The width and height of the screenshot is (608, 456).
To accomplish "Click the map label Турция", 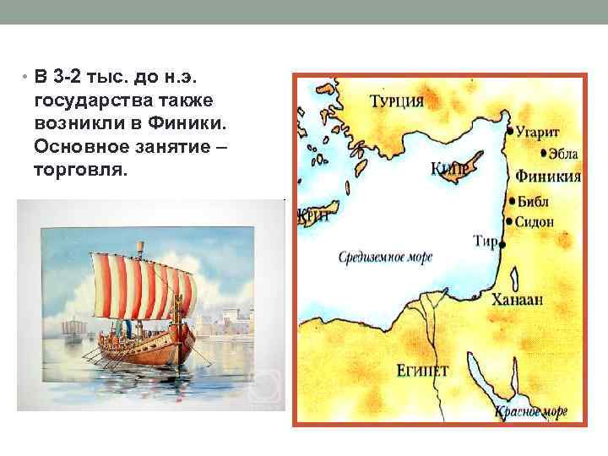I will click(x=396, y=101).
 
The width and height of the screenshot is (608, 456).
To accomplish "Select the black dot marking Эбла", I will click(x=541, y=154).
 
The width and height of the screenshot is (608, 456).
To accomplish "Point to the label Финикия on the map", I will click(x=547, y=176).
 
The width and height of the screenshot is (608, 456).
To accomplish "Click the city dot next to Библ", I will click(x=512, y=201).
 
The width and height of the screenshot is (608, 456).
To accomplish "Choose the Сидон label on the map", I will click(x=535, y=221).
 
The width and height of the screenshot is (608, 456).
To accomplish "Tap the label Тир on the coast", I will click(x=485, y=242).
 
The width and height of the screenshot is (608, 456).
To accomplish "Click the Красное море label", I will click(x=530, y=411).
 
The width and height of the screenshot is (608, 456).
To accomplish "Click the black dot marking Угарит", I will click(x=509, y=132).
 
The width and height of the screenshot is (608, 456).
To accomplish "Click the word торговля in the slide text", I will click(x=80, y=171).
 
